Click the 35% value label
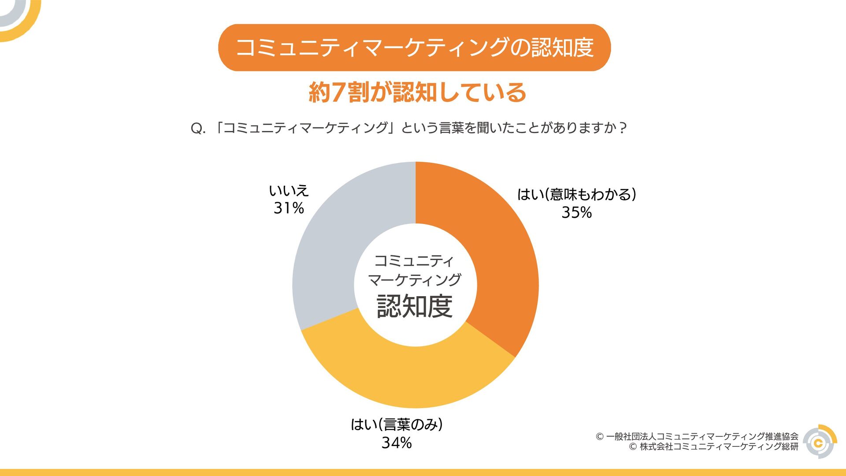pyautogui.click(x=576, y=213)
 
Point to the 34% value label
pyautogui.click(x=397, y=443)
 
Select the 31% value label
pyautogui.click(x=289, y=208)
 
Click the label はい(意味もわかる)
pyautogui.click(x=576, y=194)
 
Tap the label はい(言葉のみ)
pyautogui.click(x=397, y=424)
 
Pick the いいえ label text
pyautogui.click(x=289, y=190)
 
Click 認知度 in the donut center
pyautogui.click(x=415, y=306)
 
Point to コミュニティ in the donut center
pyautogui.click(x=414, y=261)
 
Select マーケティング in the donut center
pyautogui.click(x=415, y=280)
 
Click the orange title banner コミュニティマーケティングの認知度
pyautogui.click(x=414, y=48)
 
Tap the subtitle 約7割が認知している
pyautogui.click(x=417, y=93)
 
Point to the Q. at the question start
pyautogui.click(x=198, y=129)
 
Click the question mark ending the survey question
pyautogui.click(x=622, y=128)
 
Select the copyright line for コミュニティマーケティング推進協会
pyautogui.click(x=697, y=436)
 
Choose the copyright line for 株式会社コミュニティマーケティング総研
pyautogui.click(x=714, y=447)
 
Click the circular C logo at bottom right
pyautogui.click(x=820, y=442)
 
